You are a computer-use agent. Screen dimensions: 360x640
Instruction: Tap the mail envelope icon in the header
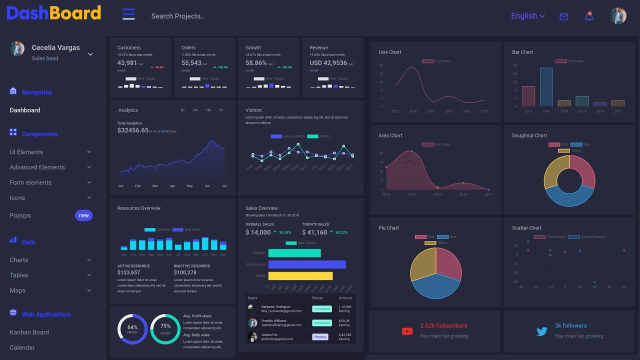coord(563,16)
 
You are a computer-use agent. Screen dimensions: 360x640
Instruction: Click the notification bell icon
coord(589,16)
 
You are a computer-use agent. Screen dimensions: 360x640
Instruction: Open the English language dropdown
coord(527,16)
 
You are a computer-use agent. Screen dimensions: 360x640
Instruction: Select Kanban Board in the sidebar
coord(29,332)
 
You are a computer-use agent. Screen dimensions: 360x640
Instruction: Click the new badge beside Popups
coord(83,215)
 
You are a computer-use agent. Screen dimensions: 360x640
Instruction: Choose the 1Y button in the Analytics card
coord(220,110)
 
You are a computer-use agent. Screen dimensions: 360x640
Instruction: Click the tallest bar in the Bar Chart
coord(546,86)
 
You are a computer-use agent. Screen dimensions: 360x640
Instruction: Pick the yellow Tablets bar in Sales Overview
coord(300,275)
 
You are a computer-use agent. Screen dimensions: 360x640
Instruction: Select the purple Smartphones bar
coord(306,264)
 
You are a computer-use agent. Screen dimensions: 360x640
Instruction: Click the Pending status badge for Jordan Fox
coord(320,337)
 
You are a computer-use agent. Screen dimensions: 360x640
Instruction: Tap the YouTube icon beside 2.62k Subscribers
coord(407,331)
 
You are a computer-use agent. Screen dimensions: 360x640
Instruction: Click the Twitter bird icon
coord(542,331)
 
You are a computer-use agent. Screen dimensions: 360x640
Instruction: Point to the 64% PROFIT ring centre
coord(132,329)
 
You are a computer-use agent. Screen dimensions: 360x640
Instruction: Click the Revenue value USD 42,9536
coord(328,63)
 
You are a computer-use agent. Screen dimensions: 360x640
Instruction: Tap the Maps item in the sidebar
coord(17,290)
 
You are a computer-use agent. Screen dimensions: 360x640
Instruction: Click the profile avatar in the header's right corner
coord(618,16)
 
